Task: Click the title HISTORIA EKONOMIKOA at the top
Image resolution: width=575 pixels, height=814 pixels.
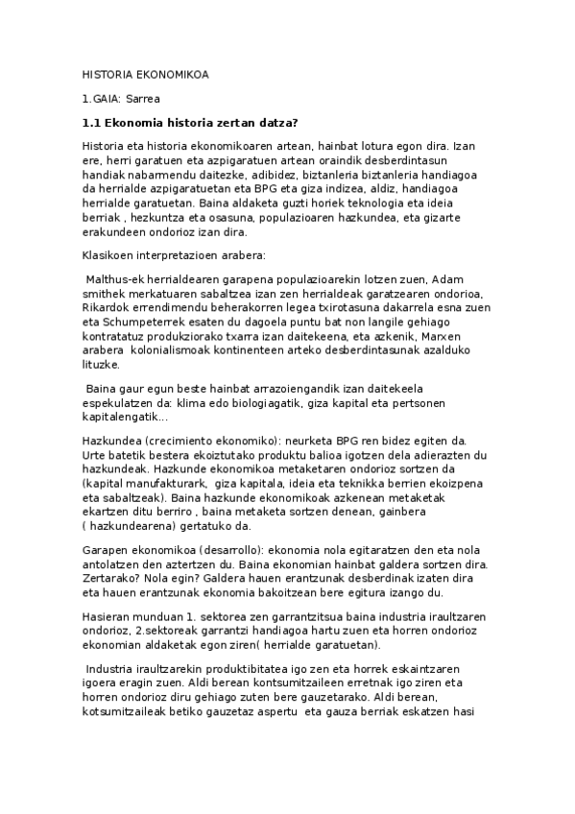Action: pyautogui.click(x=145, y=74)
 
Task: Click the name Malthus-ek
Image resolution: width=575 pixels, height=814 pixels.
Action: pyautogui.click(x=119, y=279)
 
